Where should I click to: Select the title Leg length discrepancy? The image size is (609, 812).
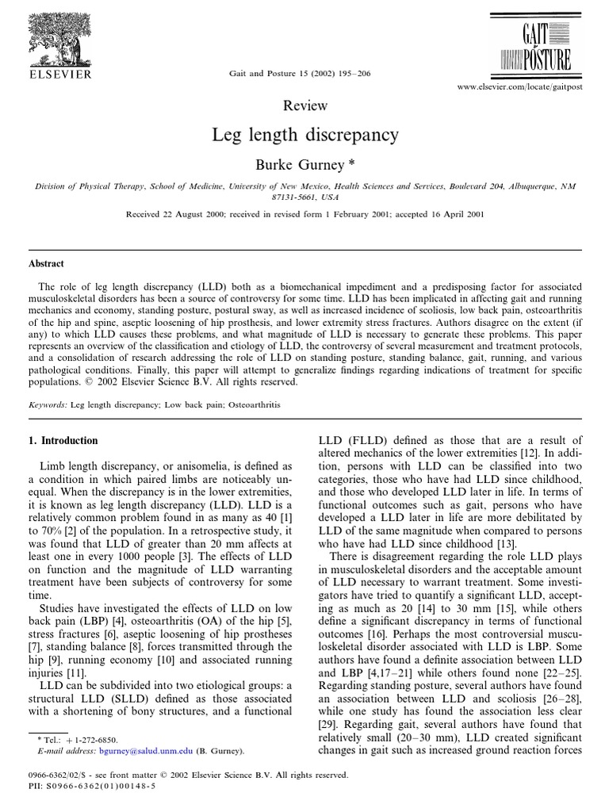coord(304,134)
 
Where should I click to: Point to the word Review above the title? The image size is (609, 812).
coord(304,106)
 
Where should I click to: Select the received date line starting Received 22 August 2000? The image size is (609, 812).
coord(304,214)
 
